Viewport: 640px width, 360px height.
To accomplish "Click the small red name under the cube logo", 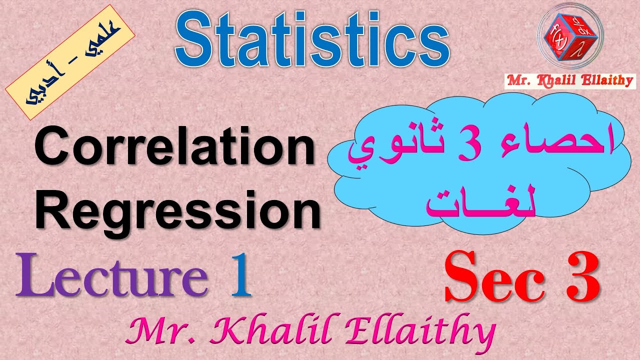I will pyautogui.click(x=570, y=80).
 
